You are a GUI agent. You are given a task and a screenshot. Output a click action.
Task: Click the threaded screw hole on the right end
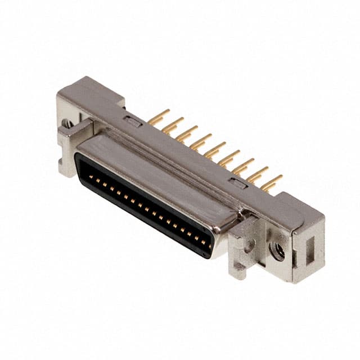(277, 251)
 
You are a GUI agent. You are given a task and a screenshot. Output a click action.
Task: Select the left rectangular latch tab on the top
(133, 120)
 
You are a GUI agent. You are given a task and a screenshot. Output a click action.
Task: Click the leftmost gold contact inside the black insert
(91, 177)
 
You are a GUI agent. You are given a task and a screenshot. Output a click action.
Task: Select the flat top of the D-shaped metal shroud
(157, 174)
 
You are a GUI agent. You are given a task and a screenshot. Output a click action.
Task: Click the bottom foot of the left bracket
(66, 169)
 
